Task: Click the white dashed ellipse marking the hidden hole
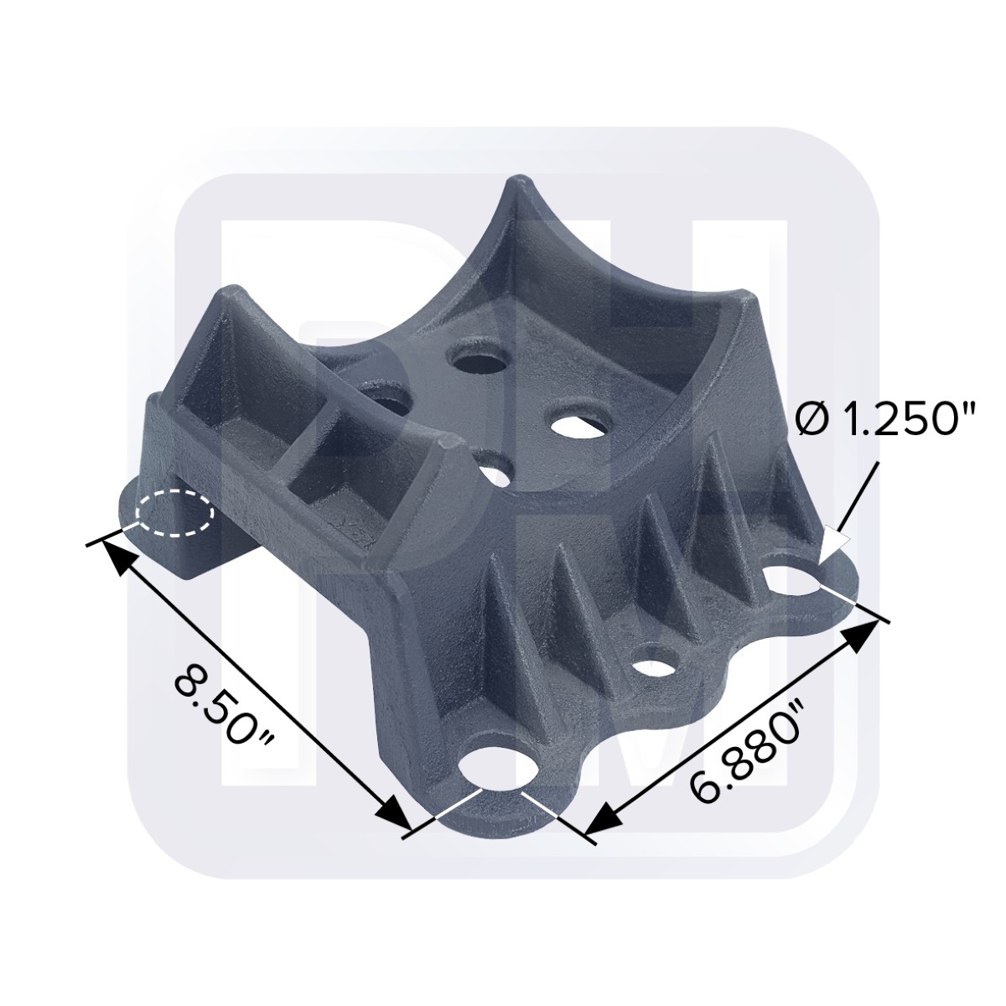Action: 176,513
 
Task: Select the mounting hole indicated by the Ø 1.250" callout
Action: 795,580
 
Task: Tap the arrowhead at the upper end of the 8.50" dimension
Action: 115,556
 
